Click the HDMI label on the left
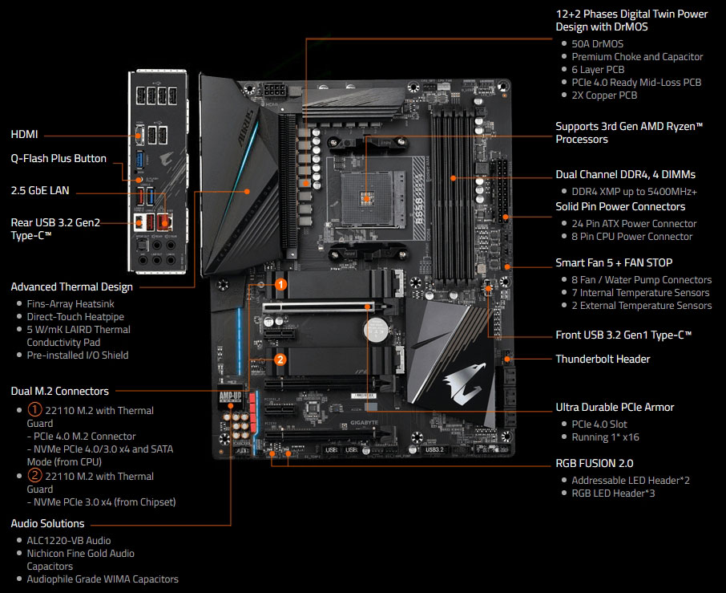point(25,135)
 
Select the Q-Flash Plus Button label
point(58,159)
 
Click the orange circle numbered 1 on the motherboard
point(280,284)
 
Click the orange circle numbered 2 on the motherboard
point(280,359)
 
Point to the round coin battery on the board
point(375,330)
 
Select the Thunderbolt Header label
point(603,359)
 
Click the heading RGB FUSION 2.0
point(594,463)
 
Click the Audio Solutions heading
point(47,523)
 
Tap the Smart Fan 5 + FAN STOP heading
point(614,262)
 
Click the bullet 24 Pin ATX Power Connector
point(634,224)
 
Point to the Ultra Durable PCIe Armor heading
point(615,407)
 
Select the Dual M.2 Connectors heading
point(60,391)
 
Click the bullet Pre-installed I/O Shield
point(78,355)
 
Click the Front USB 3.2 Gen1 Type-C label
point(623,335)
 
